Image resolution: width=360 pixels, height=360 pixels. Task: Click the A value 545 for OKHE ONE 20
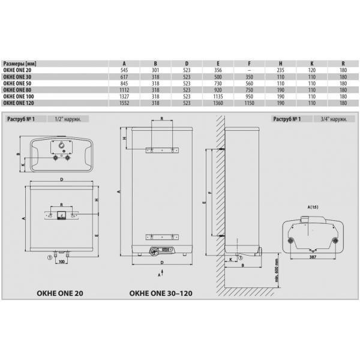coord(124,70)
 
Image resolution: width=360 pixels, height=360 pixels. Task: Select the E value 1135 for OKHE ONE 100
coord(218,97)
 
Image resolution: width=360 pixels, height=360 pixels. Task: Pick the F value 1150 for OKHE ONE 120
coord(250,103)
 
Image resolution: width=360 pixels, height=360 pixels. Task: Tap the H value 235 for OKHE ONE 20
coord(281,70)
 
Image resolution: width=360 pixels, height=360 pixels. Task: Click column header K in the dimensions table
coord(312,64)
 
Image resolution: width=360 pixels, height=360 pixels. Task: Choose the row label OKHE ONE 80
coord(17,90)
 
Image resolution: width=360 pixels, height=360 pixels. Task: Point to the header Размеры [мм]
coord(20,64)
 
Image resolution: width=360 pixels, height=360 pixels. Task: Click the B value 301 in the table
coord(155,70)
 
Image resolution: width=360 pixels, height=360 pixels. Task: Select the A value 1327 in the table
coord(124,97)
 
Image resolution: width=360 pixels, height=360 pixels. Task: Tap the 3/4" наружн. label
coord(334,119)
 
